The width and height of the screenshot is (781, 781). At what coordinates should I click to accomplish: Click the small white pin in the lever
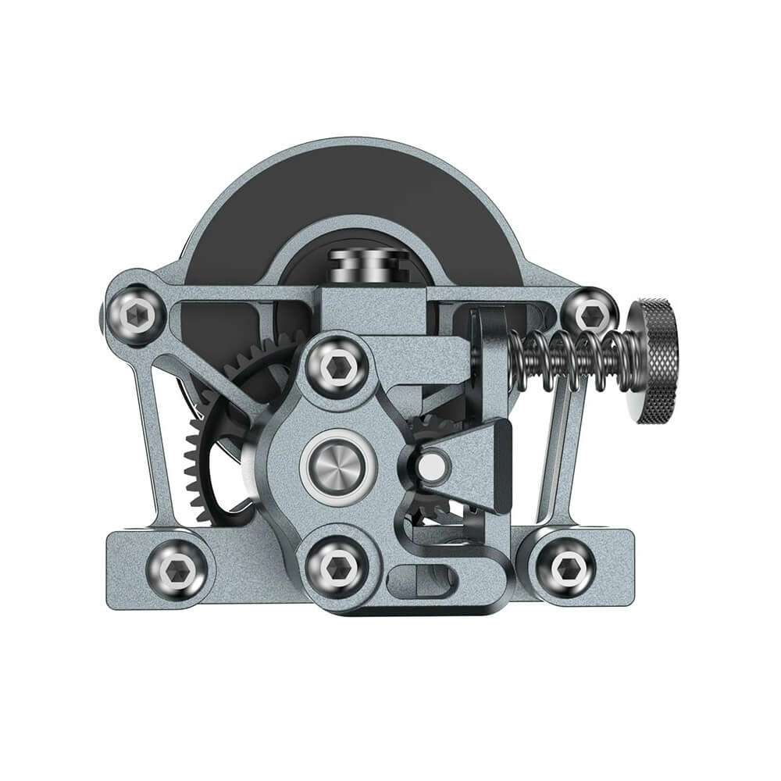pos(430,466)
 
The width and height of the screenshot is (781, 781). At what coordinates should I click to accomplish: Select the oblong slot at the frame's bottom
pos(426,579)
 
